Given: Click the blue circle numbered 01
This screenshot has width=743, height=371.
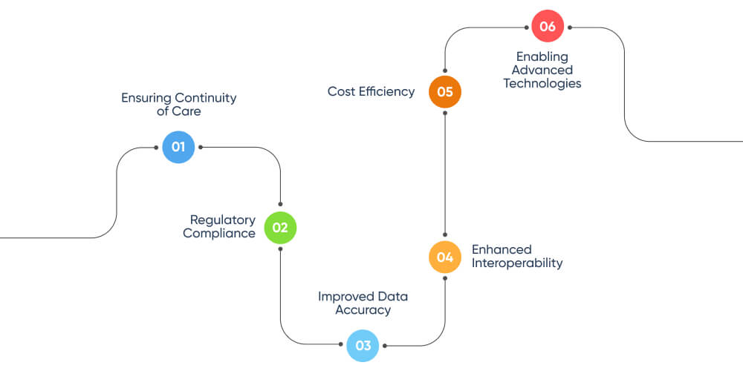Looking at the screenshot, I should click(x=178, y=147).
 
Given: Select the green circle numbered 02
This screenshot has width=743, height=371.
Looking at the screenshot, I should click(x=280, y=228).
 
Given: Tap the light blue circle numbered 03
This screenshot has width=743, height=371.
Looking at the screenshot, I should click(x=363, y=345).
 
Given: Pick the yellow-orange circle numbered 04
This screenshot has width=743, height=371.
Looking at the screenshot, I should click(x=445, y=257).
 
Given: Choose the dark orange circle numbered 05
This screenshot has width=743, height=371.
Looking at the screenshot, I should click(x=445, y=92).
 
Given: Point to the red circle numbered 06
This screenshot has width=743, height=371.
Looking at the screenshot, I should click(x=548, y=27).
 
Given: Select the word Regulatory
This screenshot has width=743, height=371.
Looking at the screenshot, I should click(x=223, y=220).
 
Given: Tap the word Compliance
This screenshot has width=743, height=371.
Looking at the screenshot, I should click(x=219, y=234).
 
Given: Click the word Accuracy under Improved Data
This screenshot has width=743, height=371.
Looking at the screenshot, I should click(x=363, y=310).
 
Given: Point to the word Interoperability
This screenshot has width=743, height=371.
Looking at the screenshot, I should click(x=517, y=263).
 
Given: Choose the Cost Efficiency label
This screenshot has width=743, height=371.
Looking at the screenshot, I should click(x=371, y=91).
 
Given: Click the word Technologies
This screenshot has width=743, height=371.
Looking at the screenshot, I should click(x=542, y=83).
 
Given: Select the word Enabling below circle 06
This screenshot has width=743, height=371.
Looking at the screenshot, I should click(x=542, y=56).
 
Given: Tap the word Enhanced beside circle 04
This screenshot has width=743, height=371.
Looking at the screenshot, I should click(x=502, y=249).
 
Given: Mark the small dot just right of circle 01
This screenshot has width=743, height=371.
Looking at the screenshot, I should click(x=201, y=147).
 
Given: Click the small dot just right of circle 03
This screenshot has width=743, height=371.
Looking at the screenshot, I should click(x=385, y=345).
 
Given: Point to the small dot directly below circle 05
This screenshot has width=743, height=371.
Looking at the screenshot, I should click(x=445, y=114).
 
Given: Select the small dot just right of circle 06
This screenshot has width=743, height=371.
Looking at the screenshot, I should click(x=569, y=27).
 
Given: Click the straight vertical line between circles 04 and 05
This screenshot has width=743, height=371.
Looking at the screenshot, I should click(x=445, y=174).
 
